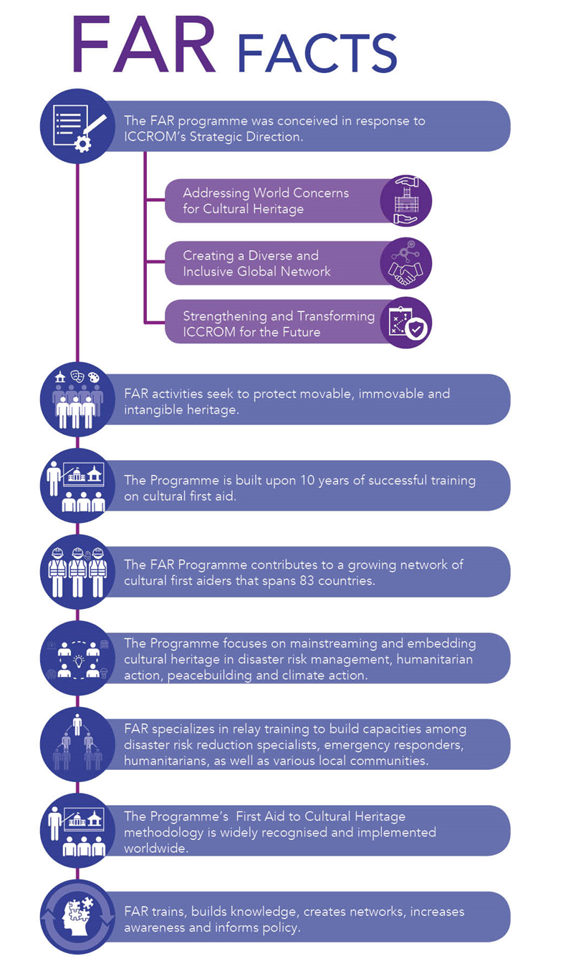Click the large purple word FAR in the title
coord(144,44)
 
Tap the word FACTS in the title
coord(317,53)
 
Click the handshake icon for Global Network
coord(405,263)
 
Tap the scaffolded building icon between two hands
coord(405,200)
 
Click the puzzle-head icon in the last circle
coord(77,917)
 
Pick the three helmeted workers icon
coord(77,572)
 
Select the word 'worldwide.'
coord(156,849)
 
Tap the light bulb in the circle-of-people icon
coord(79,660)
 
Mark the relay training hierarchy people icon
coord(77,743)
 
